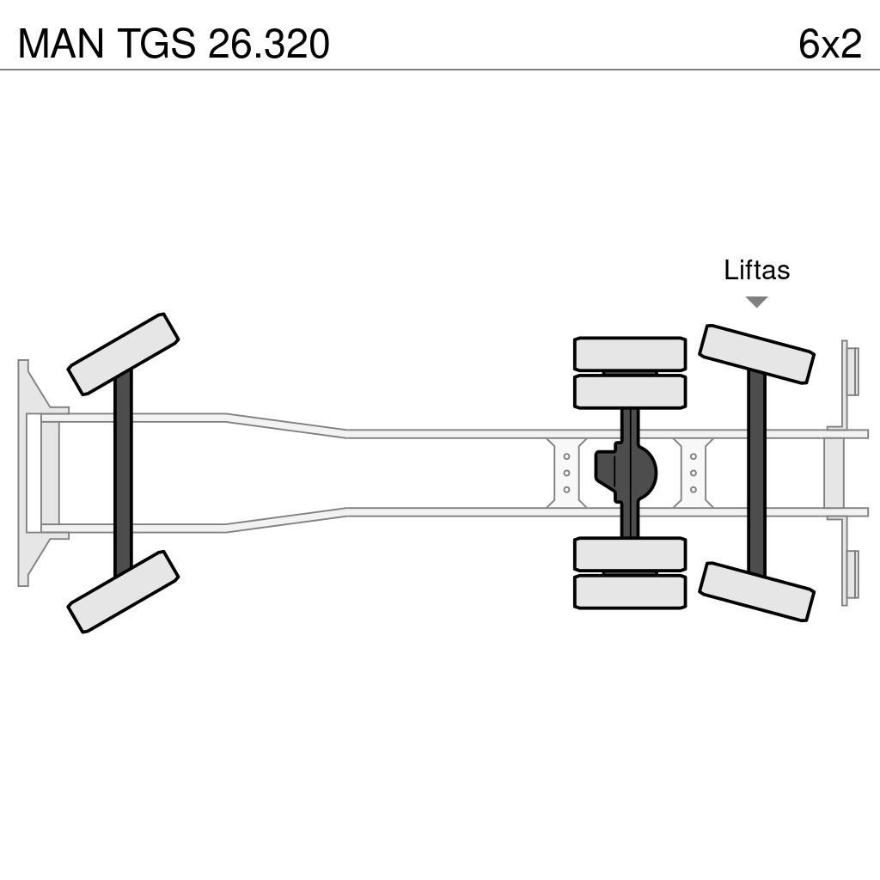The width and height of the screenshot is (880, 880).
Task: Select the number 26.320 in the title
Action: (268, 44)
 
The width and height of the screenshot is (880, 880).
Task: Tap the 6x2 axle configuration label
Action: (829, 44)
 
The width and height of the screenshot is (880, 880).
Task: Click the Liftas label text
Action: (756, 270)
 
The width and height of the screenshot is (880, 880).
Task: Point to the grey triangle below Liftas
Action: (756, 302)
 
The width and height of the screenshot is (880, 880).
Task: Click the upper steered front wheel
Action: (123, 354)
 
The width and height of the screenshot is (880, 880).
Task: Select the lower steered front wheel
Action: (123, 591)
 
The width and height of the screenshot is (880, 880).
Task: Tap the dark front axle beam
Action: (123, 473)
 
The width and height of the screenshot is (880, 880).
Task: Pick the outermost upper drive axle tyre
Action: (630, 353)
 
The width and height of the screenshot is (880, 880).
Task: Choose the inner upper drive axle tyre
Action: (630, 392)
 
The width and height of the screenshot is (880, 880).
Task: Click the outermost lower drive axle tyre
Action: (630, 592)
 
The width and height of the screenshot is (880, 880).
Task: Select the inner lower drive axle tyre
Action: (630, 554)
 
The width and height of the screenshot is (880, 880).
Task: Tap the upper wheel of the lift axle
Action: (756, 354)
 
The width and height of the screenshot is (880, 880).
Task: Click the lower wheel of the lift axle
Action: (756, 591)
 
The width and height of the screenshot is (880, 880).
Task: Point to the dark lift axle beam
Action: (756, 473)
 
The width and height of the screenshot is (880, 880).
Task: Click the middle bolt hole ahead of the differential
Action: (567, 473)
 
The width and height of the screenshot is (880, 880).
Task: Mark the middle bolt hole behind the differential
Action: (694, 473)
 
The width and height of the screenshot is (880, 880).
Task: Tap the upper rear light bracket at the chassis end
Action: (850, 370)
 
